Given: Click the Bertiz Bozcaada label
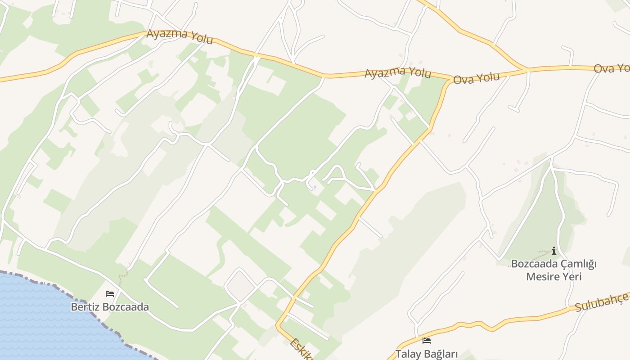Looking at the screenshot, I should click(110, 307).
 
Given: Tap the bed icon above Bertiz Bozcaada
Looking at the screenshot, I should click(110, 294).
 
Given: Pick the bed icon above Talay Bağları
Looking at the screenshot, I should click(427, 341).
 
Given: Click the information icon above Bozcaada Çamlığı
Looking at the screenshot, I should click(554, 251).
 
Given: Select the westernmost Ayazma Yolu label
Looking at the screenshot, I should click(180, 36).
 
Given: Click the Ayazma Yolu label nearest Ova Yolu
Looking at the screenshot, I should click(397, 72).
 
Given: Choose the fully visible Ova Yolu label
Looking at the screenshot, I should click(476, 78).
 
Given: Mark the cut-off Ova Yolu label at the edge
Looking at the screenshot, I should click(611, 68).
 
